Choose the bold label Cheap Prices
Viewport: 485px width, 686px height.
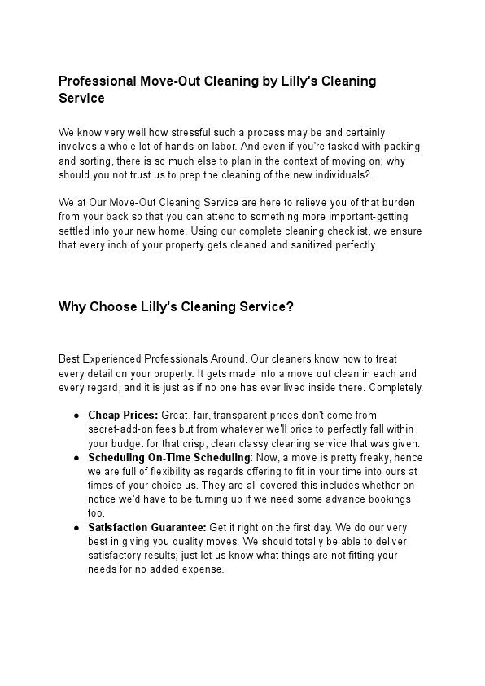point(123,416)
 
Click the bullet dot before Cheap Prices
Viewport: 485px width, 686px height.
point(76,416)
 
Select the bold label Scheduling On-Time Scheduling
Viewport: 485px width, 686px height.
point(168,458)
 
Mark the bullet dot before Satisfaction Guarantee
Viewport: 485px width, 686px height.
point(76,528)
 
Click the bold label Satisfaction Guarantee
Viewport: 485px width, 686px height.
point(146,528)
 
